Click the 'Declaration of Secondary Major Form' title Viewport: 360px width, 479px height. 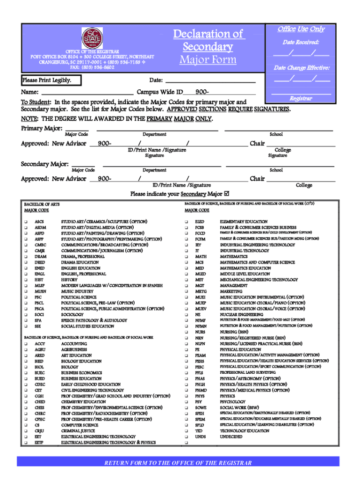tap(209, 47)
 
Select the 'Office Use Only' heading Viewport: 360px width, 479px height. tap(301, 29)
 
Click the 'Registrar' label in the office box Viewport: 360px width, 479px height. tap(301, 99)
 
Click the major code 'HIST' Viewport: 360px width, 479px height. tap(40, 280)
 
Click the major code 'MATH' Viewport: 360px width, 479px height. tap(201, 257)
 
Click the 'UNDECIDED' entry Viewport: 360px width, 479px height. tap(231, 436)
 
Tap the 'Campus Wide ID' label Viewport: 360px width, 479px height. tap(159, 92)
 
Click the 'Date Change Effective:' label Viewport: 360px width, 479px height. tap(302, 68)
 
